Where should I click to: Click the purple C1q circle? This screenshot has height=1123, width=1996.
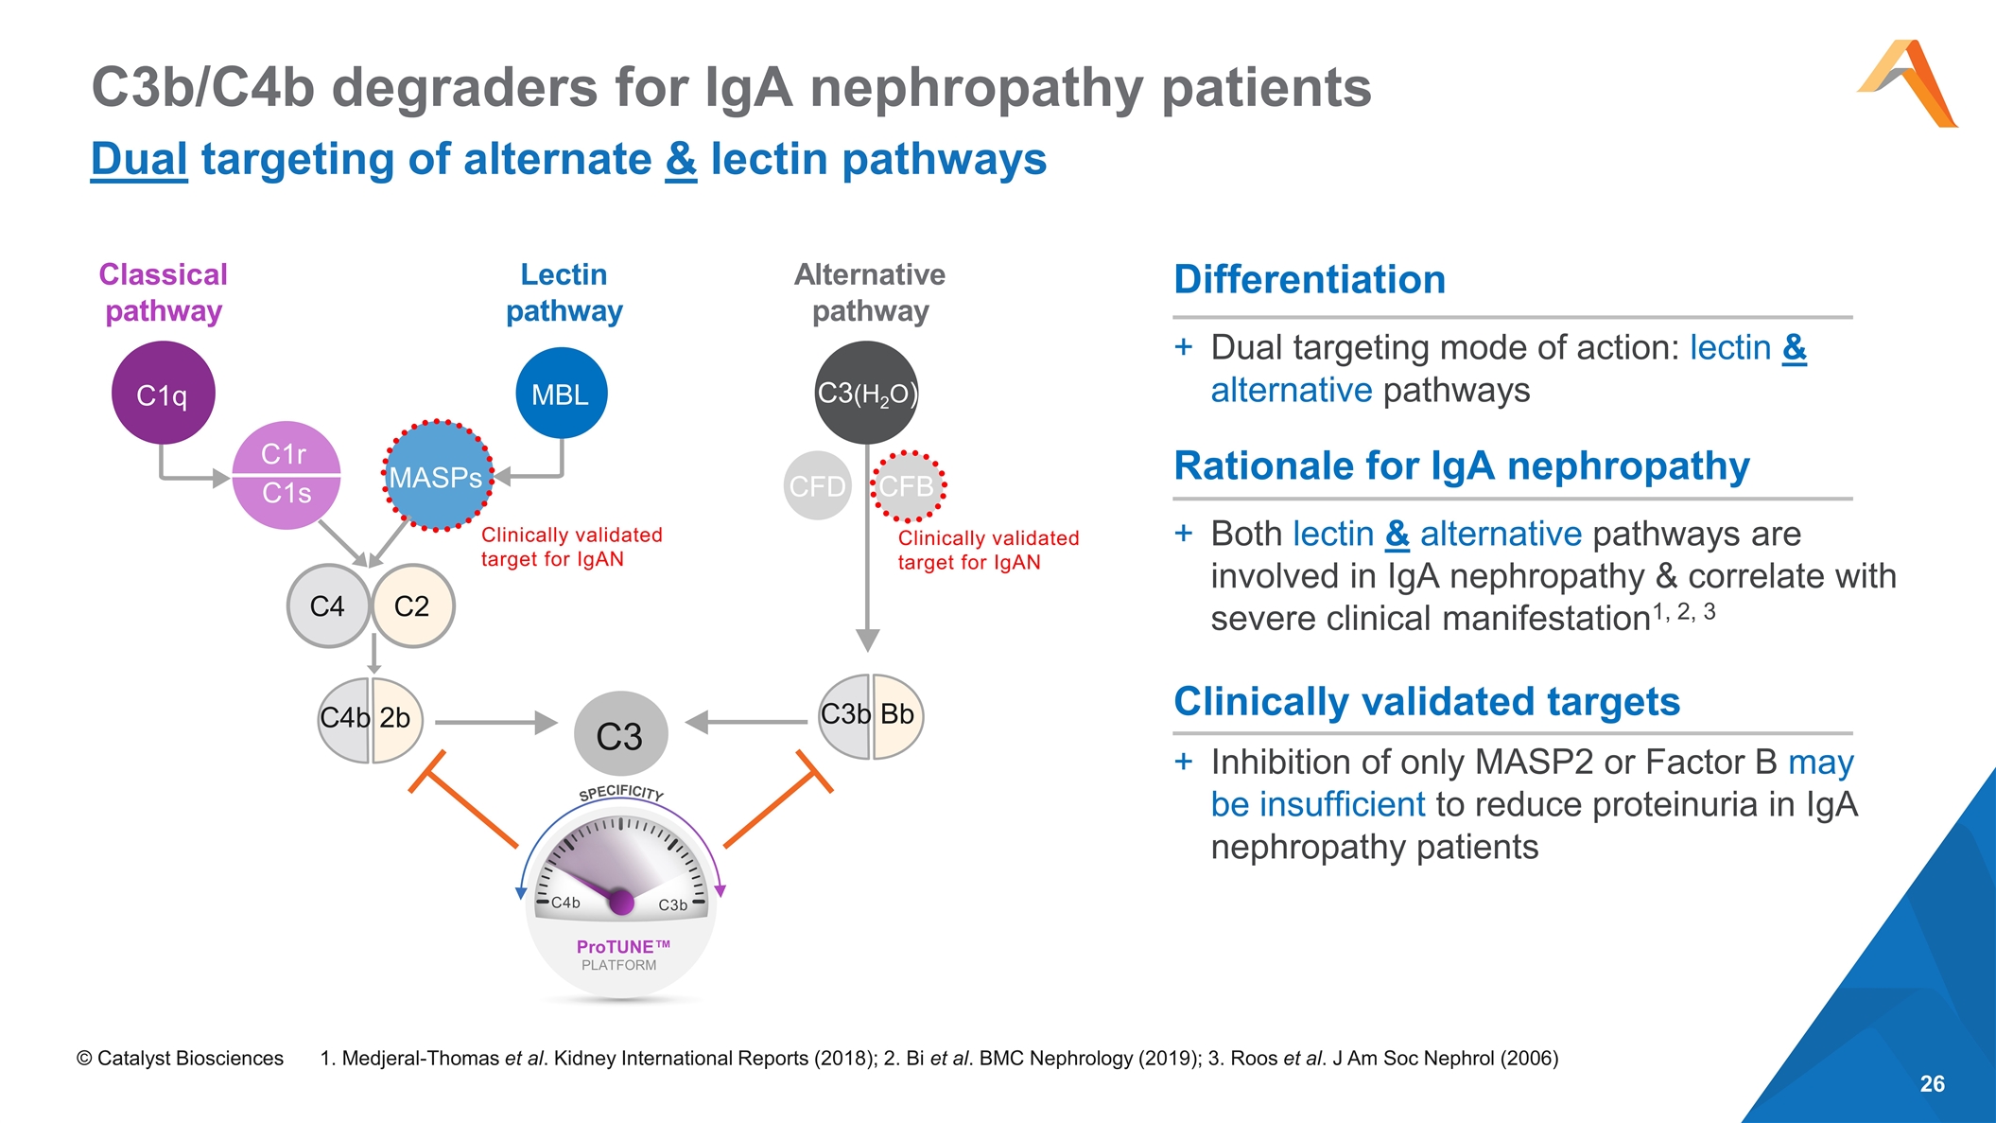(x=163, y=394)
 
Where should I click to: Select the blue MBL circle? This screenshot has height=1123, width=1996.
(x=561, y=394)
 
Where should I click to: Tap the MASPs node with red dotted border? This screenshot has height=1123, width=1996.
(x=437, y=476)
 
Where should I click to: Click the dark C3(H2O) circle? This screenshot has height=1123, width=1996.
(x=866, y=393)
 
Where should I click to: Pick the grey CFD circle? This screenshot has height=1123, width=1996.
(x=817, y=485)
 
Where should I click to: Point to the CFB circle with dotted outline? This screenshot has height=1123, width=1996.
(x=908, y=485)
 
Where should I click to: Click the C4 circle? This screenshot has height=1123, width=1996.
(x=327, y=605)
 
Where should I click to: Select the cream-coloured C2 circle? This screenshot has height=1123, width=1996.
(x=412, y=605)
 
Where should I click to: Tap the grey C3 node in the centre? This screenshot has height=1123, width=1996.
(x=620, y=735)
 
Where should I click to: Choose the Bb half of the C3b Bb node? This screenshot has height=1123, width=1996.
(x=897, y=715)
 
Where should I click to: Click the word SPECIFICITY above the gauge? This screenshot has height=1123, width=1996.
(x=621, y=792)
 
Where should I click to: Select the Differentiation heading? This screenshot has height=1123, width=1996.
(x=1310, y=280)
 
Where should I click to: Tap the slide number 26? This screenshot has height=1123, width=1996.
(x=1932, y=1084)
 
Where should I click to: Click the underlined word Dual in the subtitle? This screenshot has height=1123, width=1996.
(x=139, y=159)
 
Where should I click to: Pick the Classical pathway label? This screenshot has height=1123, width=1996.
(x=164, y=292)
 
